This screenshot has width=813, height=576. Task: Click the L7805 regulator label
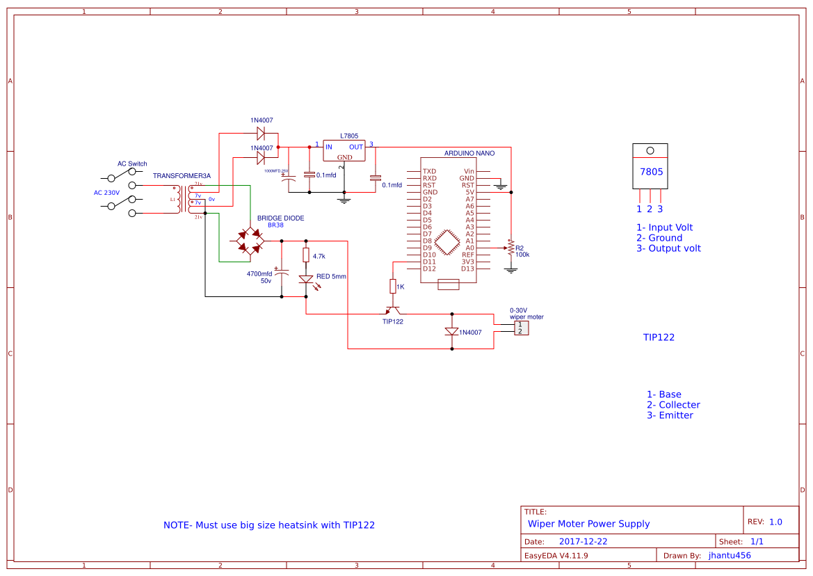[x=349, y=136]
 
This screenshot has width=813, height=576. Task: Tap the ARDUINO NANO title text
[x=469, y=153]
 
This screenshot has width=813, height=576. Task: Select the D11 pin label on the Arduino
[x=429, y=262]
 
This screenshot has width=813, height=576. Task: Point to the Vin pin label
[x=469, y=171]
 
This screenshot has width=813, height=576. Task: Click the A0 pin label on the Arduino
[x=469, y=248]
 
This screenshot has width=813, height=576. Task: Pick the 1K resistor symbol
[x=392, y=286]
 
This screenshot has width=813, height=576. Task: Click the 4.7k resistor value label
[x=319, y=257]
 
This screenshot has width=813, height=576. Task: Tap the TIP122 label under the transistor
[x=392, y=321]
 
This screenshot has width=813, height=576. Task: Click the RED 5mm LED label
[x=331, y=276]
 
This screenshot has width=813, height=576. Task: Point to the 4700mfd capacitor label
[x=259, y=274]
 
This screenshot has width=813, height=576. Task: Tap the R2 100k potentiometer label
[x=522, y=251]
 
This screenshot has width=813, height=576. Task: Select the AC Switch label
[x=132, y=164]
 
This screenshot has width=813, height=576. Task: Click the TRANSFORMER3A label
[x=182, y=176]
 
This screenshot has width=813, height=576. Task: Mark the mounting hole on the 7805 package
[x=650, y=150]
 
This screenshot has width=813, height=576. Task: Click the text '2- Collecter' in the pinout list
[x=673, y=405]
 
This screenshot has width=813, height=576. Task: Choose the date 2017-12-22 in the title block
[x=583, y=541]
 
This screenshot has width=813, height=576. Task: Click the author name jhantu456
[x=730, y=555]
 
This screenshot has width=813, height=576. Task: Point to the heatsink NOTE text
[x=269, y=525]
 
